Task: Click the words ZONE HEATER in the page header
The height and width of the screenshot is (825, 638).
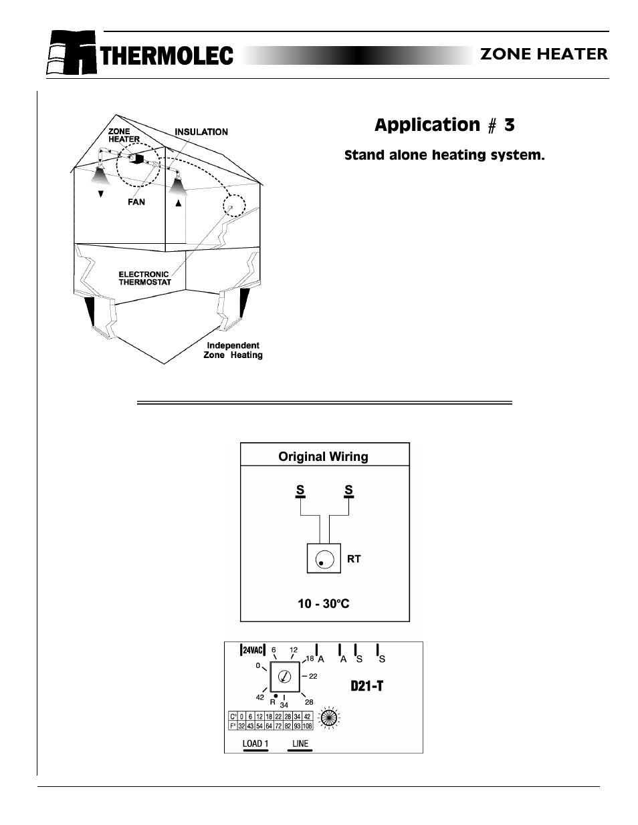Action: [544, 55]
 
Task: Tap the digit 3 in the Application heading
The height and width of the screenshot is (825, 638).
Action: [510, 125]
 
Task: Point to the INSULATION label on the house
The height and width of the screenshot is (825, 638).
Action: [201, 132]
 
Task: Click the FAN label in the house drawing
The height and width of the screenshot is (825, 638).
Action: [136, 202]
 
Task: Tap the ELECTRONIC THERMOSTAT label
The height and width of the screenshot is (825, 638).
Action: [144, 278]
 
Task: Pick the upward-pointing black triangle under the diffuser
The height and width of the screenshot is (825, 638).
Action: [178, 204]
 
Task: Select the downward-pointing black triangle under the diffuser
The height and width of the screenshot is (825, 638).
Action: [101, 194]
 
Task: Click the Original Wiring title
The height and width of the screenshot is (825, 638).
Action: [323, 457]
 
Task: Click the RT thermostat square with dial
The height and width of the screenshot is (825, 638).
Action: [324, 559]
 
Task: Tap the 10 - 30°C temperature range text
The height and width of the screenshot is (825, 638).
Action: [324, 604]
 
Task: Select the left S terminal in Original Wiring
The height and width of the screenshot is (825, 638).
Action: [300, 490]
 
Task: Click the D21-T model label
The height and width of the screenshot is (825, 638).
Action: [367, 686]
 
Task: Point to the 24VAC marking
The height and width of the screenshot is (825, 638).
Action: [253, 650]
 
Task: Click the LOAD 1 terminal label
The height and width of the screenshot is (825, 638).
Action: [255, 744]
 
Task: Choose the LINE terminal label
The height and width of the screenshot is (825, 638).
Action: [300, 744]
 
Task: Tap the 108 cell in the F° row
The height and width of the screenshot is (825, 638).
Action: [307, 726]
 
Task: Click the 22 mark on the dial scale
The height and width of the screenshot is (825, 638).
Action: [312, 676]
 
